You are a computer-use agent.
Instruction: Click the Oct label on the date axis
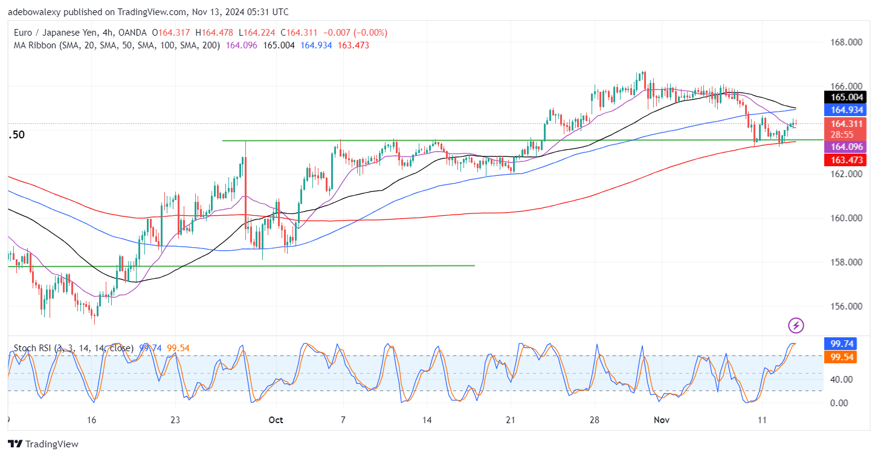(x=275, y=420)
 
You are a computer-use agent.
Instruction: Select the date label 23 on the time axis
(x=175, y=420)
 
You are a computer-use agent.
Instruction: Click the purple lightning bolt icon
(x=796, y=325)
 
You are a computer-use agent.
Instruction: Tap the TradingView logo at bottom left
(x=43, y=444)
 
